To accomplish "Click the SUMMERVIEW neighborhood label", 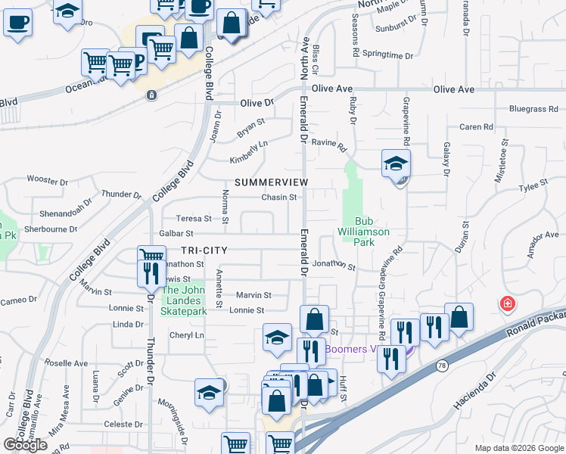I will point(272,183).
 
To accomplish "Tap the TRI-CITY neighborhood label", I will point(204,250).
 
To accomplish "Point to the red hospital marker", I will point(506,304).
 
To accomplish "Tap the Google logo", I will point(25,444).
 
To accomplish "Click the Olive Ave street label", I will point(454,89).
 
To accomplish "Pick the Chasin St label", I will point(278,197).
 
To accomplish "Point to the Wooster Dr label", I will point(47,180).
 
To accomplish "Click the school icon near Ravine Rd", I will point(396,163).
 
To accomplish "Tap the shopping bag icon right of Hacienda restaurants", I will point(459,317).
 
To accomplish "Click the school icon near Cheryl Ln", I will point(278,338).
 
